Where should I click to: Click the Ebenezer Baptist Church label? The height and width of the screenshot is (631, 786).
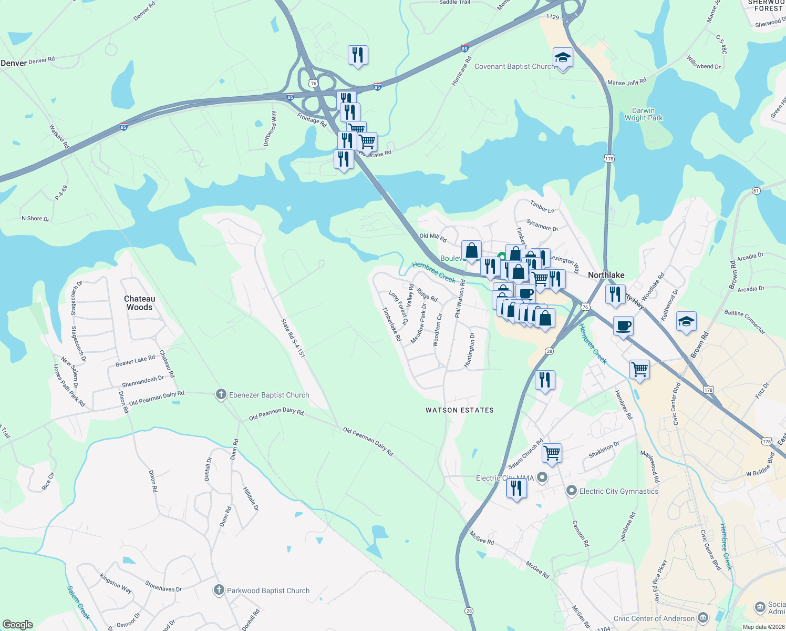point(269,395)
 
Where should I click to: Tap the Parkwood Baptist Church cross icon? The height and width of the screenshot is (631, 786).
point(219,591)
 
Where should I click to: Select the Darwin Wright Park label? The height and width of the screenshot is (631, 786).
point(644,115)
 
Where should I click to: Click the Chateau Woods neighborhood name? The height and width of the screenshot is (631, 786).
point(139,303)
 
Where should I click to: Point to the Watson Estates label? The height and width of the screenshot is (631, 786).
point(460,410)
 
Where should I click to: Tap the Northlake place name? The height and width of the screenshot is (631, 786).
point(606,275)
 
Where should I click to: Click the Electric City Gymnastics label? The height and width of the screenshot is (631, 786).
point(618,491)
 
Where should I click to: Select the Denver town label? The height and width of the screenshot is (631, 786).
point(14,63)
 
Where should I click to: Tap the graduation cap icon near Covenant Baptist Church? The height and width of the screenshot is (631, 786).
point(563,58)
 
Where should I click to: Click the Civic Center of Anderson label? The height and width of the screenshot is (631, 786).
point(654,618)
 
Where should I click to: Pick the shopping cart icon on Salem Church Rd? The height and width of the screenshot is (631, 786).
point(552,452)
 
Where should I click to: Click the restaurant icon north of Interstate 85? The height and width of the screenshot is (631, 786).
point(358,55)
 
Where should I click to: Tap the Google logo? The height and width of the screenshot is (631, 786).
point(18,625)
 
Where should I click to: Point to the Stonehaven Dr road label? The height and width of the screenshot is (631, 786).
point(163,587)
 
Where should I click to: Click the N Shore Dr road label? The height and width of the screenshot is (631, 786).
point(35,219)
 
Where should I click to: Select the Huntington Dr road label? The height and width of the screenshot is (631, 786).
point(470,350)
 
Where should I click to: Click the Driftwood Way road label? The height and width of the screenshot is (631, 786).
point(270,129)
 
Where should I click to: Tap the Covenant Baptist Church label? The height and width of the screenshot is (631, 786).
point(514,67)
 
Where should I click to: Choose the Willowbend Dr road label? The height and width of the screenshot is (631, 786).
point(704,63)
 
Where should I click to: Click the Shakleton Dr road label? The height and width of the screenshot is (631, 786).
point(604,450)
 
